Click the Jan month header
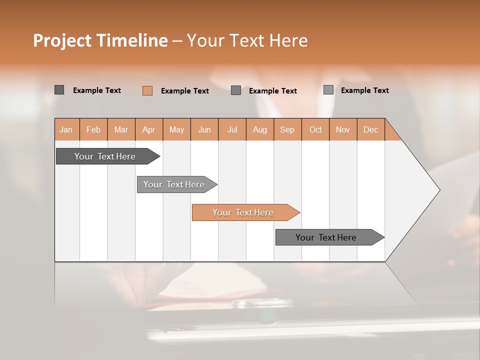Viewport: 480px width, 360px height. pos(66,129)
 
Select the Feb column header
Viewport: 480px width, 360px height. pos(93,129)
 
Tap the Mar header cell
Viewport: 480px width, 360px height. pos(121,129)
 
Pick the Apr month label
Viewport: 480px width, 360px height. pos(149,129)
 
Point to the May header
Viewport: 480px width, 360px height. pos(176,129)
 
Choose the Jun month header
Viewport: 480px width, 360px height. pos(204,129)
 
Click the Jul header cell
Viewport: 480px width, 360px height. pos(232,129)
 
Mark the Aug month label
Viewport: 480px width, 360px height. pos(260,129)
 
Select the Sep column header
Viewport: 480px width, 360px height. pos(287,129)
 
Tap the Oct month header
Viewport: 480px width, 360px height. pos(315,129)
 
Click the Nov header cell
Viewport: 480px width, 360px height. pos(343,129)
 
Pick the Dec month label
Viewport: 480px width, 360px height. pos(370,129)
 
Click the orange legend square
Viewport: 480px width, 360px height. pos(147,90)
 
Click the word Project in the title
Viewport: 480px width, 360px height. pos(61,40)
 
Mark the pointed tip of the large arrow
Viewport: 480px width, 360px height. pos(439,190)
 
